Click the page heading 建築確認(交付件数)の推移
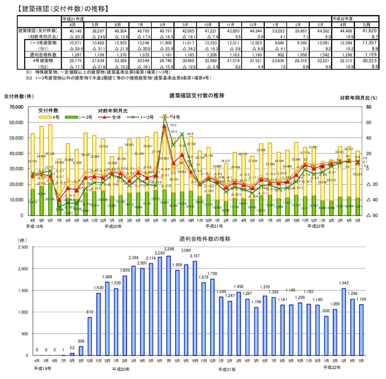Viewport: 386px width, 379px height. click(63, 9)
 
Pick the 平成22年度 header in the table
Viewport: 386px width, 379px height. click(343, 19)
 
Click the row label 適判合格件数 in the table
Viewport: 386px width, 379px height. click(43, 55)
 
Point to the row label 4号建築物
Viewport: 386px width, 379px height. click(43, 61)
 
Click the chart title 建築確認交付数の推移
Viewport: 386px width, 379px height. click(197, 95)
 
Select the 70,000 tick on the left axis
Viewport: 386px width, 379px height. click(16, 107)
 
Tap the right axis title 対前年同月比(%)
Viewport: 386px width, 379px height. click(358, 97)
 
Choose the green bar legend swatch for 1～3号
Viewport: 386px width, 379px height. click(71, 117)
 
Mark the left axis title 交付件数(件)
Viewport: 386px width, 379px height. click(19, 96)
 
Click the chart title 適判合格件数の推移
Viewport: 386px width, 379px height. click(205, 239)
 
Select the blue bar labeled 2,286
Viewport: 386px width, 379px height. click(169, 306)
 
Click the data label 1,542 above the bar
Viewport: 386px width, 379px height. click(344, 283)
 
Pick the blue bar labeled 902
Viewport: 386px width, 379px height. click(326, 336)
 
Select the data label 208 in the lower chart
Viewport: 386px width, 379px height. click(81, 341)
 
